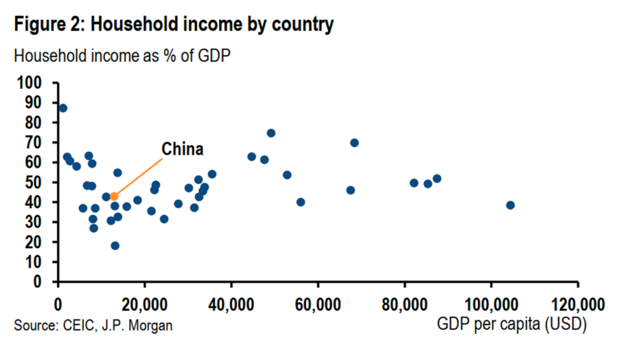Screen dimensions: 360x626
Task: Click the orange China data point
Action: tap(114, 197)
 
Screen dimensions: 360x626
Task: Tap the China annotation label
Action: tap(182, 150)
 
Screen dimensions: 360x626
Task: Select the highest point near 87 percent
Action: tap(63, 108)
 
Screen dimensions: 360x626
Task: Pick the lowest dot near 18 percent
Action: tap(115, 246)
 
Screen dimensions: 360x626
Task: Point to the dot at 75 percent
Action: tap(271, 133)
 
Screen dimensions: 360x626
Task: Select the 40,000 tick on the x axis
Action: tap(231, 304)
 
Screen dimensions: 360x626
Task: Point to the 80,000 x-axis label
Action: tap(404, 304)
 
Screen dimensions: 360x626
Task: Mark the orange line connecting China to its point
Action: tap(139, 177)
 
